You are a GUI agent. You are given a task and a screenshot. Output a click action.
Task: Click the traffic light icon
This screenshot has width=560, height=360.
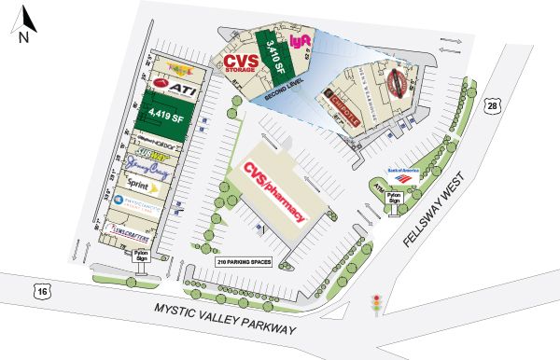(x=377, y=303)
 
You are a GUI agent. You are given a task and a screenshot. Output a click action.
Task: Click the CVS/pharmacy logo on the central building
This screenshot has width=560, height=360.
(x=275, y=192)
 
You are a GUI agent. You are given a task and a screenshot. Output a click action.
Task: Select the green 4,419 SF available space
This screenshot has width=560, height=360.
(x=162, y=118)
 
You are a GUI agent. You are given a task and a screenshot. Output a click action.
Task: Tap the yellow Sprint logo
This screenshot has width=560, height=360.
(x=140, y=186)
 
